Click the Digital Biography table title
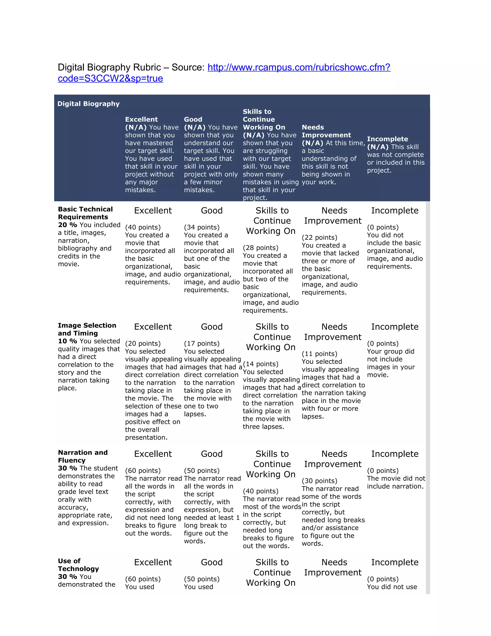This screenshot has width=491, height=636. pos(88,104)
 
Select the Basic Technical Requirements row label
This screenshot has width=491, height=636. pos(85,213)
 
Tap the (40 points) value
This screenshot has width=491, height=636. pos(143,227)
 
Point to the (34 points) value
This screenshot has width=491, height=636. pos(202,227)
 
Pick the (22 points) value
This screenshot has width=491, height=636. pos(319,237)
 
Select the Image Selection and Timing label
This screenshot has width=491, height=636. pos(87,329)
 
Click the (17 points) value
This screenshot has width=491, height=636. pos(202,343)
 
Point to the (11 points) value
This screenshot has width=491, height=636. pos(319,354)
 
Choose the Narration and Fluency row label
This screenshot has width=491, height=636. pos(83,456)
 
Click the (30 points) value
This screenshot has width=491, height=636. pos(319,481)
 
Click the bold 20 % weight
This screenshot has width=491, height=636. pos(67,225)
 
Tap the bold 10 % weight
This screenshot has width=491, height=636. pos(67,341)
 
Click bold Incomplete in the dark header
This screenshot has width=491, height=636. pos(387,139)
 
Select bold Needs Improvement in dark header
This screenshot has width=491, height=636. pos(326,131)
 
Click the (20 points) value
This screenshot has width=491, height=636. pos(143,343)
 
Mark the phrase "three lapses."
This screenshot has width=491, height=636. pos(263,427)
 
